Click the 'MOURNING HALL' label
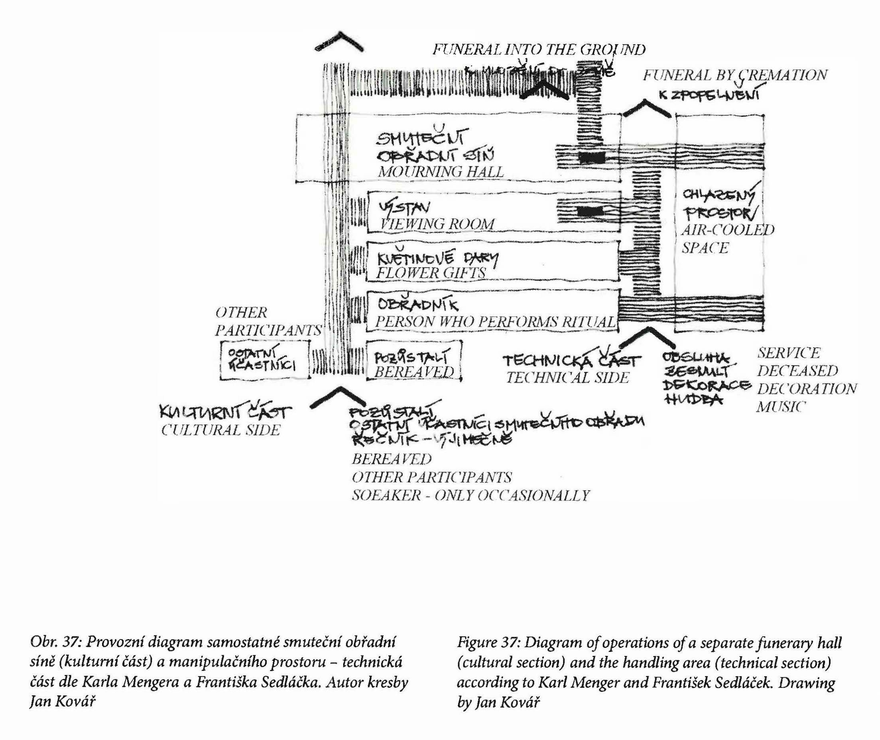tap(441, 171)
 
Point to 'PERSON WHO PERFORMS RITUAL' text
tap(495, 322)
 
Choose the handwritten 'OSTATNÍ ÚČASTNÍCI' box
tap(264, 360)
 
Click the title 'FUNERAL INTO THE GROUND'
tap(539, 50)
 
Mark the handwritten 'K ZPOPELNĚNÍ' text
tap(709, 95)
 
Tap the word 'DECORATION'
tap(807, 389)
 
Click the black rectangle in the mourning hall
tap(592, 158)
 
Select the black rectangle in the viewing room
tap(590, 211)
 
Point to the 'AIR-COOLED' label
tap(728, 230)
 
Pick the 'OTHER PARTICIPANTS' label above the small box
tap(268, 321)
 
